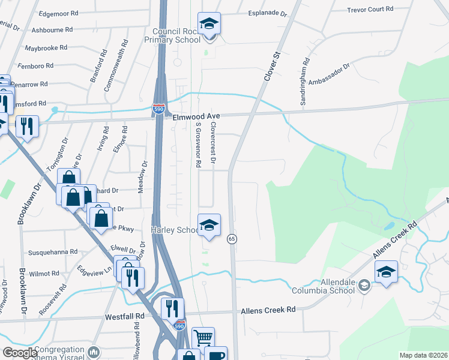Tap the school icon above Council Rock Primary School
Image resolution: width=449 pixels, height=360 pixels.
209,25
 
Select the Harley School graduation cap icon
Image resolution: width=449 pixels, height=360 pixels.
209,226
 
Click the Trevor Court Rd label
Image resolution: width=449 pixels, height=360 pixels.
371,9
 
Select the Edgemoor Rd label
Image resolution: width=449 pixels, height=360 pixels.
58,13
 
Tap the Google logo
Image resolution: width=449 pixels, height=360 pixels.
20,353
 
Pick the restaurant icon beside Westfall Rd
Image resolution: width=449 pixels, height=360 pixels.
172,308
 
